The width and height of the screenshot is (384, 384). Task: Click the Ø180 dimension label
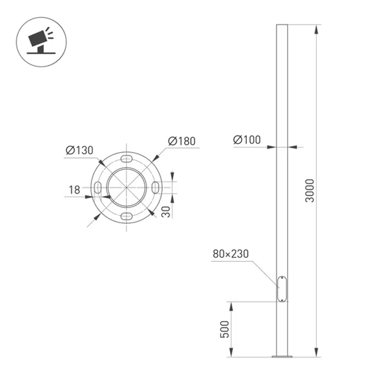(182, 141)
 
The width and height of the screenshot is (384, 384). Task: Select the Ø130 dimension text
(79, 151)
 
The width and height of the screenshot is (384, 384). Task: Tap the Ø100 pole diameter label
(247, 140)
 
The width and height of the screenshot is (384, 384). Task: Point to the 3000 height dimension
(310, 191)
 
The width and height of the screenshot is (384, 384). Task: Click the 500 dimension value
(225, 329)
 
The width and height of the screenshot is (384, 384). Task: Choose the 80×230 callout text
(230, 254)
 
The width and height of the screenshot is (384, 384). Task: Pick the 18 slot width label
(74, 190)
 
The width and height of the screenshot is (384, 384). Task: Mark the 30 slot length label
(166, 212)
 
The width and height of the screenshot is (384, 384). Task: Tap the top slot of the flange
(126, 159)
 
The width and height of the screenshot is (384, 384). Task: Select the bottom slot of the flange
(126, 216)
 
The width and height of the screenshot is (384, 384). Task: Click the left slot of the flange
(98, 187)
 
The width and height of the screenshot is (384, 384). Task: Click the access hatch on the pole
(282, 289)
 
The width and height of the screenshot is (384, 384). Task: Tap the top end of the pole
(282, 25)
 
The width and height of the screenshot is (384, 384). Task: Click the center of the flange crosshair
(126, 187)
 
